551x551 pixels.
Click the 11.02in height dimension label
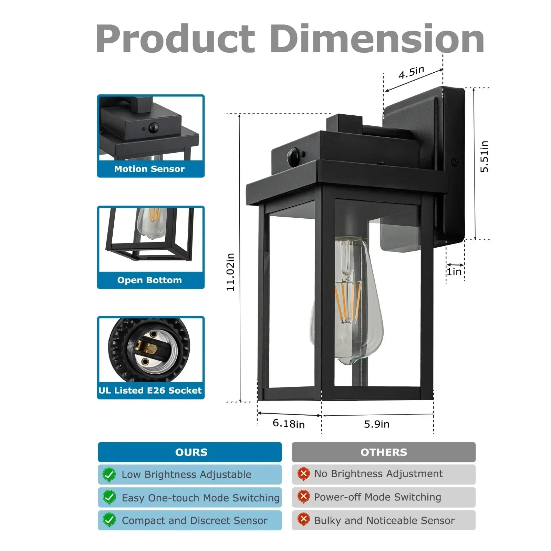coord(230,272)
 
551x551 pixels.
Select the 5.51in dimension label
coord(484,156)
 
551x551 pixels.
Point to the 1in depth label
coord(454,272)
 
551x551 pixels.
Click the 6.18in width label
coord(289,424)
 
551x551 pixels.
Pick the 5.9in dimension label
coord(377,424)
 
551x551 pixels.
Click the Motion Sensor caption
coord(149,169)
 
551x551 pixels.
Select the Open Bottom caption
coord(149,280)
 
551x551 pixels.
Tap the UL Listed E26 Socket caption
coord(150,391)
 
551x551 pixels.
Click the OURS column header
coord(191,452)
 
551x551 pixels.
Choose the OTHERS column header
coord(384,452)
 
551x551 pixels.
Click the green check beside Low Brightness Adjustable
coord(109,475)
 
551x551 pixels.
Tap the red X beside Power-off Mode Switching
coord(303,497)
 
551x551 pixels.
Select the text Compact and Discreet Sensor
coord(195,520)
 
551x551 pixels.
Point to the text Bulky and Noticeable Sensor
coord(384,520)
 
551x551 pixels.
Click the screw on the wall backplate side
coord(455,162)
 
